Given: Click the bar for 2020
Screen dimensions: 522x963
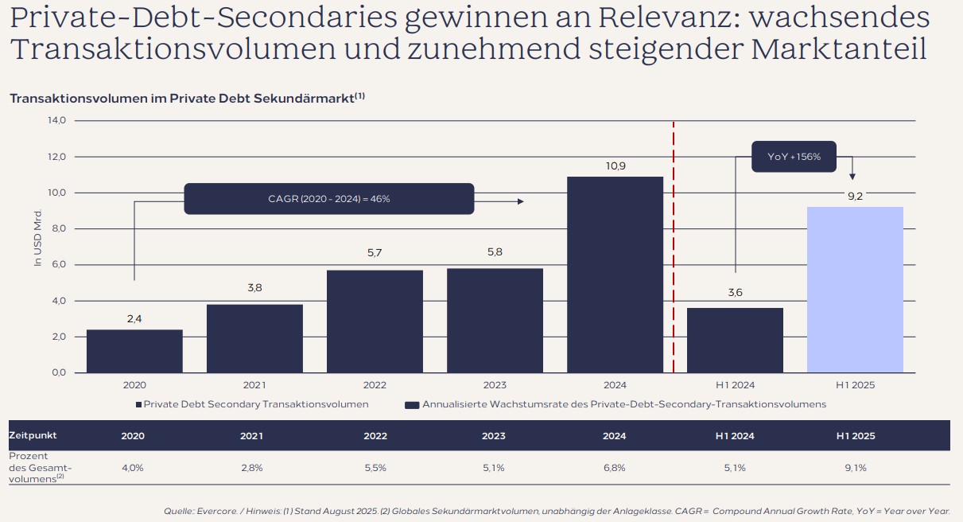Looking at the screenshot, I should [134, 351].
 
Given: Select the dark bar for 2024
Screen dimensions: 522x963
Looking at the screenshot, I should [615, 275].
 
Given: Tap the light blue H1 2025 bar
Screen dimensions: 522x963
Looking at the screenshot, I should [855, 290].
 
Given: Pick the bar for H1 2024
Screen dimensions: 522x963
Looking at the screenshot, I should [735, 340].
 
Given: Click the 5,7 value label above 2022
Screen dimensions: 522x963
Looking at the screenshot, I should [375, 252].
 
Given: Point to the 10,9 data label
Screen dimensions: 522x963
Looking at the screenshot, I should [615, 166].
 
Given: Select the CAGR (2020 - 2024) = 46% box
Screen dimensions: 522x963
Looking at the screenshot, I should [328, 199].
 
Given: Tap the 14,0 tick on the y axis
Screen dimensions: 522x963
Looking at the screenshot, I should [57, 120].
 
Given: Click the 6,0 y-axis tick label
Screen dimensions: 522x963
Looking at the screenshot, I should [57, 265].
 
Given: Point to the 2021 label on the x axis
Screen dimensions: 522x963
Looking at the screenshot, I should [254, 385].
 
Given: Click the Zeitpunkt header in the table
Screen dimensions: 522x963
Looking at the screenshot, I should [33, 436].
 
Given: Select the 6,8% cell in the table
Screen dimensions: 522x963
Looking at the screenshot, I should [615, 468].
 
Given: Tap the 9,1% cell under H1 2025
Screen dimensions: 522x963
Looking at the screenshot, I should [855, 468].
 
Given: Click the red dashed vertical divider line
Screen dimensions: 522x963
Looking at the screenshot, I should [674, 247].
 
